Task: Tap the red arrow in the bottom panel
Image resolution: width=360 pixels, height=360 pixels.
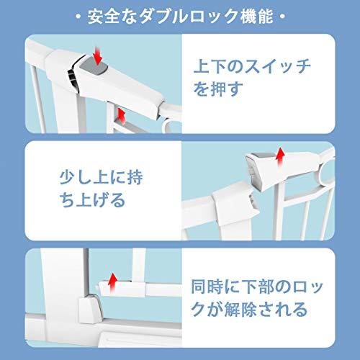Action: click(112, 279)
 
